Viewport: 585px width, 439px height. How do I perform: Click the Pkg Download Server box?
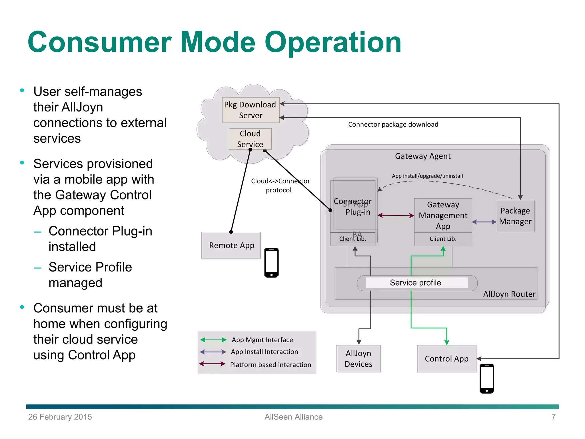pos(251,110)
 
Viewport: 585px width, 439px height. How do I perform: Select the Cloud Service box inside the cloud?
pos(250,139)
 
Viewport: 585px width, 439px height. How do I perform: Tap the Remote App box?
pos(231,246)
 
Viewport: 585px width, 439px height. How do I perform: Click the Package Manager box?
pos(515,216)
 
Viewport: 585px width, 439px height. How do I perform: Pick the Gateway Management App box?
pos(443,215)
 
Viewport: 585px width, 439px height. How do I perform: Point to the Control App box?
pos(446,359)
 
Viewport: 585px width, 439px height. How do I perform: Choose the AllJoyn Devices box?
pos(358,359)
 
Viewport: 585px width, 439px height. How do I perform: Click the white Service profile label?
pos(415,283)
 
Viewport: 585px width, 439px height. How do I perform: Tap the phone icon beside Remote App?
pos(271,263)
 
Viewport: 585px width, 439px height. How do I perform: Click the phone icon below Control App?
pos(487,379)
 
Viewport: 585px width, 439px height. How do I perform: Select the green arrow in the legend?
pos(213,340)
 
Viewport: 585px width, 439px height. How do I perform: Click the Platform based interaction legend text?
pos(270,365)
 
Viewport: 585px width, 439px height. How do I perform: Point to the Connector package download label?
pos(393,124)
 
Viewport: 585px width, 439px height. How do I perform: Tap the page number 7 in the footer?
pos(553,417)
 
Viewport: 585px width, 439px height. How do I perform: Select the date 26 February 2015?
pos(60,417)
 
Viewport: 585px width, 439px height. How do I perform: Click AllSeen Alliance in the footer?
pos(293,417)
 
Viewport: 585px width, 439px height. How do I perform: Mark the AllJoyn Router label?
pos(509,294)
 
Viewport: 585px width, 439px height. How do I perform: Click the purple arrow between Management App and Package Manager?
pos(484,222)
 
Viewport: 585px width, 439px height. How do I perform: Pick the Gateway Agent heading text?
pos(422,156)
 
